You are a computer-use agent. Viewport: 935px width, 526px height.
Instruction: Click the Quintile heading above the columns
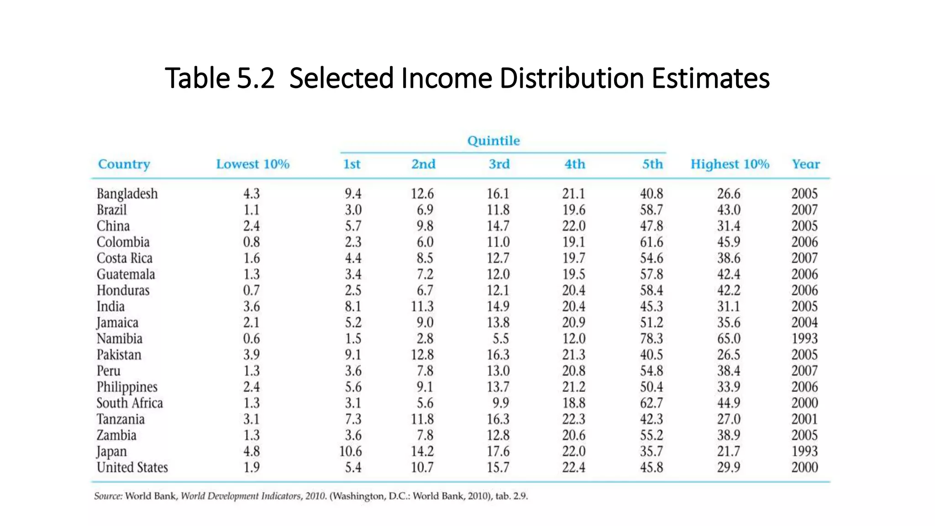click(493, 141)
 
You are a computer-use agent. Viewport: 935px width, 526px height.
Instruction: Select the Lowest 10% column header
click(252, 164)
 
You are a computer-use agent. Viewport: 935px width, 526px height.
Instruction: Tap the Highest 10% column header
click(730, 164)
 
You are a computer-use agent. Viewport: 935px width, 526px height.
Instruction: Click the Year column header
click(805, 164)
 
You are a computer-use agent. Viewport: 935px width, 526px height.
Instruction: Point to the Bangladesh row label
click(127, 194)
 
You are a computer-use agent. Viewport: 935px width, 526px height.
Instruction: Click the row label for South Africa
click(130, 403)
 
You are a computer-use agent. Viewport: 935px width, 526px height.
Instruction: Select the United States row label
click(132, 468)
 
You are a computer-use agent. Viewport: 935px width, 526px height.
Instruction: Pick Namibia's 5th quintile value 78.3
click(651, 339)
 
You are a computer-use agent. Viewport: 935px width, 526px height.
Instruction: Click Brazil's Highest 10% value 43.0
click(728, 210)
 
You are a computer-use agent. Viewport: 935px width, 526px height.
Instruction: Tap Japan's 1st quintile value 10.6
click(350, 452)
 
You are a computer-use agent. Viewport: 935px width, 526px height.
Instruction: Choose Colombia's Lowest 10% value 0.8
click(251, 242)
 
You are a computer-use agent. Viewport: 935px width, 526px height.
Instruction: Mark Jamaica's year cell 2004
click(804, 323)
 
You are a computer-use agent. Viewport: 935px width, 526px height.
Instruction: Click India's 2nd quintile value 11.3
click(422, 306)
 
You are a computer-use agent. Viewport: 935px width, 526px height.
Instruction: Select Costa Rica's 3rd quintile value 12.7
click(498, 258)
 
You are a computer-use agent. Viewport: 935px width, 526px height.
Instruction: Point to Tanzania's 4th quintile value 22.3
click(573, 419)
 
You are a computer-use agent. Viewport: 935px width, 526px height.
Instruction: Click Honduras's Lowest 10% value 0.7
click(251, 290)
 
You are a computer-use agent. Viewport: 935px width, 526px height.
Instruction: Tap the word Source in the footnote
click(108, 496)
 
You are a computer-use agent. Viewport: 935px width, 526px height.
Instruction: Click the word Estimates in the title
click(710, 78)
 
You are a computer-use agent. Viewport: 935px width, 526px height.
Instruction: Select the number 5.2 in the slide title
click(256, 78)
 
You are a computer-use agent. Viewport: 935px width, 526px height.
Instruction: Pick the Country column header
click(124, 164)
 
